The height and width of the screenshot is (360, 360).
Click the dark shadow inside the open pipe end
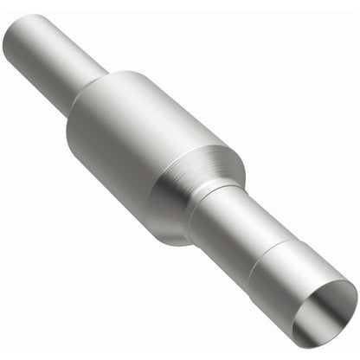point(333,299)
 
